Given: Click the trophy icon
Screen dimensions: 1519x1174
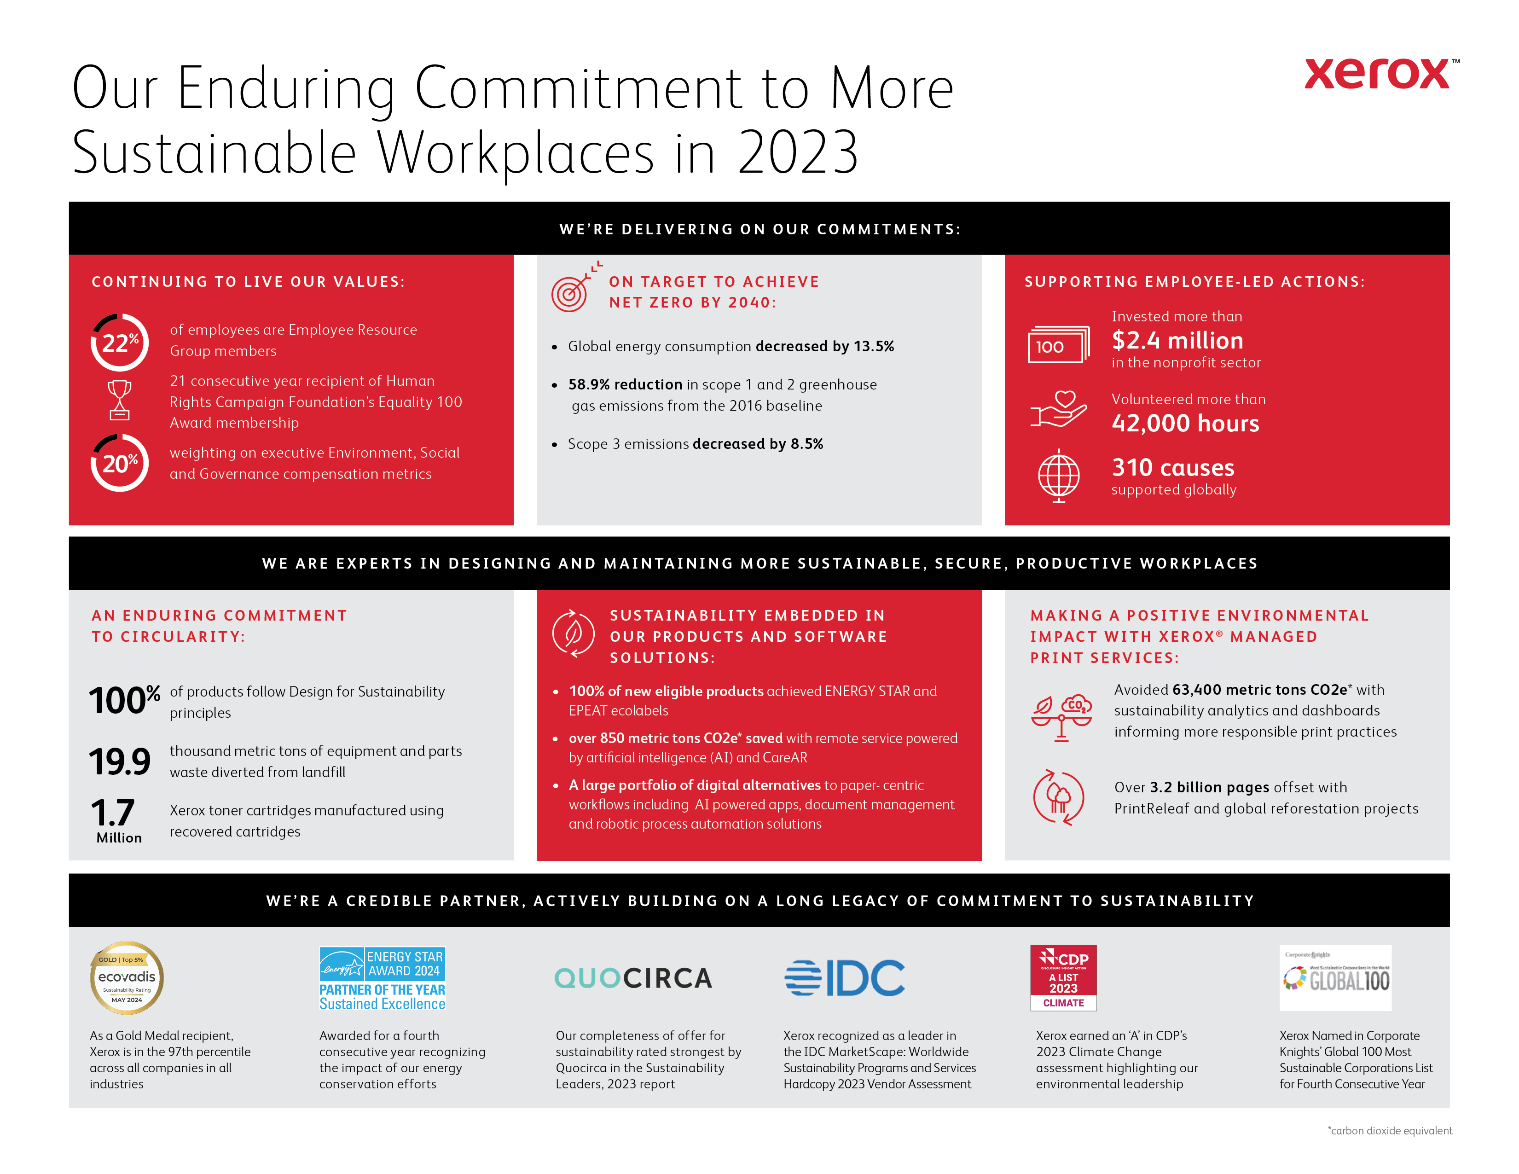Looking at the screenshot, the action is [x=120, y=400].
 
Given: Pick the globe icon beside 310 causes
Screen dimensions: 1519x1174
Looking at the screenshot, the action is [x=1059, y=476].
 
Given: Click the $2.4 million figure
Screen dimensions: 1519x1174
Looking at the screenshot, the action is [x=1177, y=340].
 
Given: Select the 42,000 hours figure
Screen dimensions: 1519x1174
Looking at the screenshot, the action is [x=1185, y=423].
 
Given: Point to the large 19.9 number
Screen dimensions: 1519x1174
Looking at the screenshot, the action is [x=120, y=761].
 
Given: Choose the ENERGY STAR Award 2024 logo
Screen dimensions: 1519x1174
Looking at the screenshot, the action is [x=382, y=978].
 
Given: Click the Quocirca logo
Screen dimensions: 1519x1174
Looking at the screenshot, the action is [x=633, y=978].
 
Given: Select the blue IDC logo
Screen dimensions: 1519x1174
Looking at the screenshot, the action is [x=844, y=978].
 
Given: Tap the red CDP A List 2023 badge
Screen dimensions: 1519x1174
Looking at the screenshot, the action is [x=1063, y=977].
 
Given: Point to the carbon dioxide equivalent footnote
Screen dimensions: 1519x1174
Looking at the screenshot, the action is [x=1390, y=1130].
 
